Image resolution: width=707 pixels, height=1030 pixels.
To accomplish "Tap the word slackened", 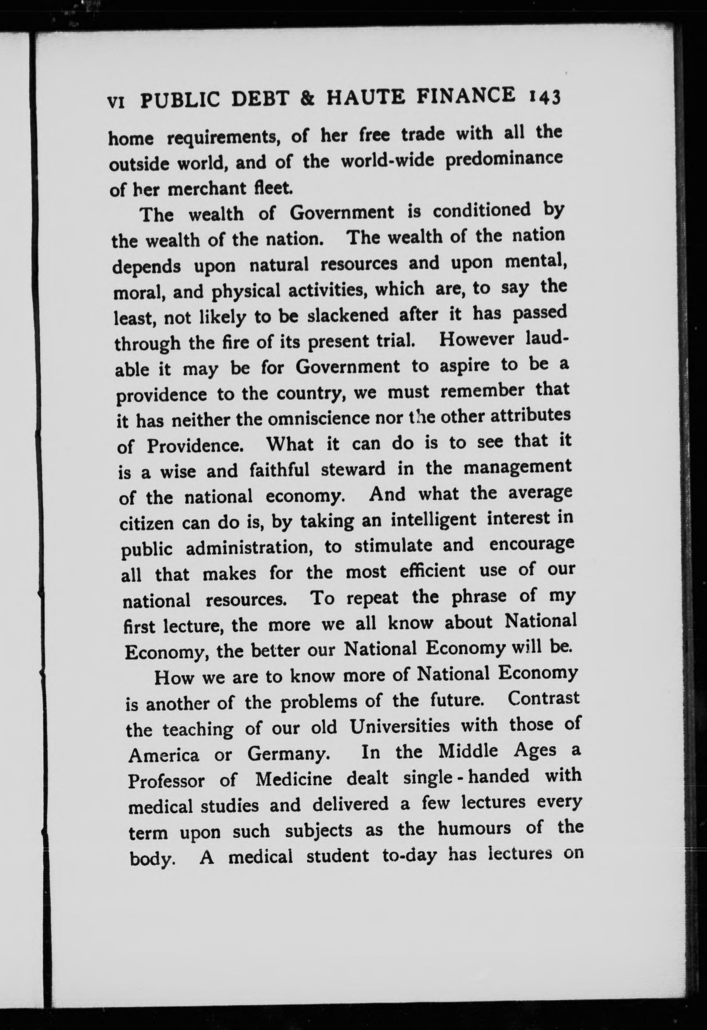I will click(348, 315).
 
